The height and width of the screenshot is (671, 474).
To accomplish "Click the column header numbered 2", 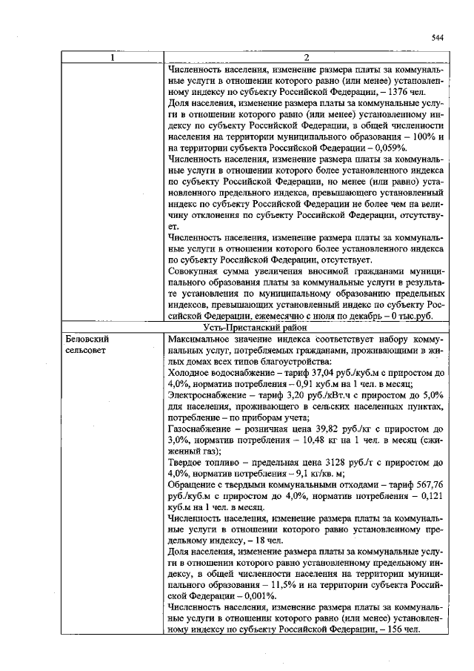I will [306, 58].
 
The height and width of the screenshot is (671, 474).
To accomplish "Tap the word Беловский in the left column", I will [86, 337].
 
